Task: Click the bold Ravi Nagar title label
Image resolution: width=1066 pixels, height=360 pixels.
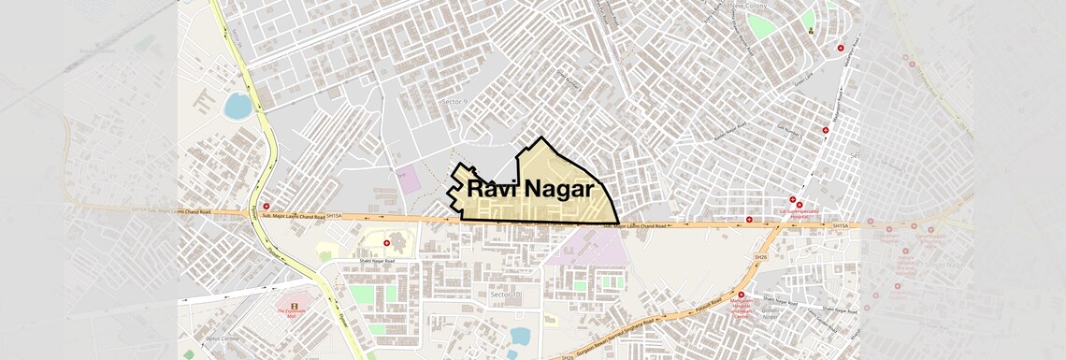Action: click(x=530, y=189)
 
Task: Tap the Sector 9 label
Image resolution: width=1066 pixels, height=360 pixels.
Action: click(x=454, y=100)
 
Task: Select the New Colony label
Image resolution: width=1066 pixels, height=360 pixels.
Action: click(x=748, y=6)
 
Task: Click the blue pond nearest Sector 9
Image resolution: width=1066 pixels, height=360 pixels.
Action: click(x=238, y=106)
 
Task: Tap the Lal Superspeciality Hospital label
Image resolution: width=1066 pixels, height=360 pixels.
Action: click(x=793, y=213)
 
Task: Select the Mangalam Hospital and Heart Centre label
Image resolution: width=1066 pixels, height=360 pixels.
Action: click(x=741, y=308)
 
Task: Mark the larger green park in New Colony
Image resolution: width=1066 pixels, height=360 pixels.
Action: click(x=761, y=26)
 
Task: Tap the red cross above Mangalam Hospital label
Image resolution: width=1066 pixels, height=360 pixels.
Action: click(x=741, y=295)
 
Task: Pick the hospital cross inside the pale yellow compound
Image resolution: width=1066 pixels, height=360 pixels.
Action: click(x=386, y=243)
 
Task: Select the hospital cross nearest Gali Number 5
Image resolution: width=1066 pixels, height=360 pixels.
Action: click(x=825, y=130)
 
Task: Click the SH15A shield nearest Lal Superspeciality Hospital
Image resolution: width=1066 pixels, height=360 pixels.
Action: click(x=840, y=226)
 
